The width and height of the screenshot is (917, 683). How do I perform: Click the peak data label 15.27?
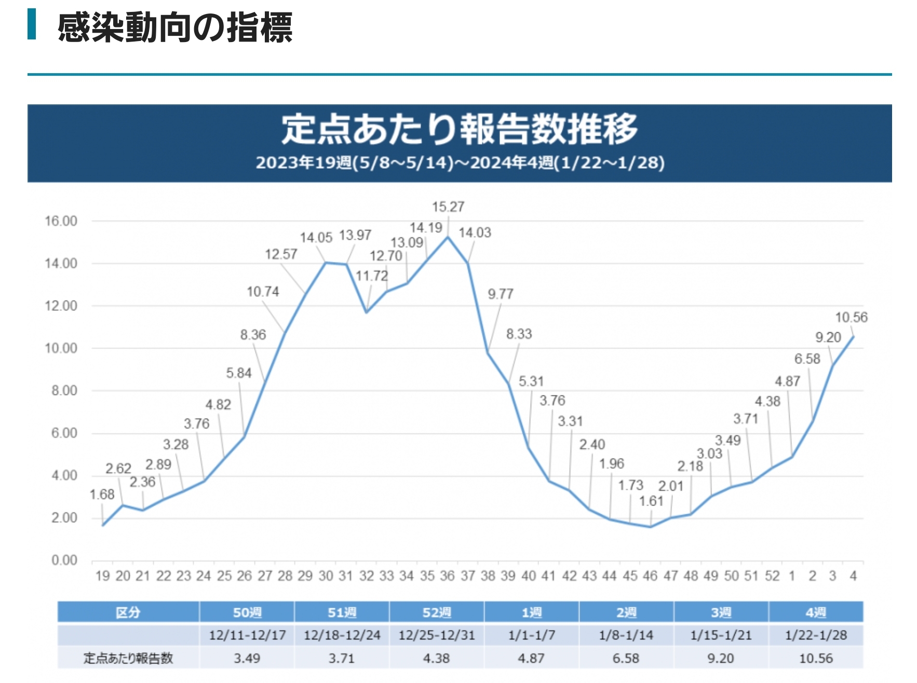448,207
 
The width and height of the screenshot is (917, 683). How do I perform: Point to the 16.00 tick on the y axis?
61,221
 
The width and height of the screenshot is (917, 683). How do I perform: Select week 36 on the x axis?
447,576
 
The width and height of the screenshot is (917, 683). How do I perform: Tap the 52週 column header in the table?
436,612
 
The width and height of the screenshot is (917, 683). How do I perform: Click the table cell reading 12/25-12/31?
436,635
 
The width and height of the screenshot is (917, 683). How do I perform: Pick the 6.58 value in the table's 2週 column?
626,658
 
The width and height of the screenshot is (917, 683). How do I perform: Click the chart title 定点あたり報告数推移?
459,129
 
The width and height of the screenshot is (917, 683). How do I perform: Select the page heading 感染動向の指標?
175,28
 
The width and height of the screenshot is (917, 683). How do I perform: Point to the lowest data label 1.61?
651,501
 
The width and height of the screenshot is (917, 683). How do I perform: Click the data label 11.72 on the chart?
371,276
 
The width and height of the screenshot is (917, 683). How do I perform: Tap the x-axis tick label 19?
102,576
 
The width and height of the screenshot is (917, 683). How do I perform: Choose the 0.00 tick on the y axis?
64,560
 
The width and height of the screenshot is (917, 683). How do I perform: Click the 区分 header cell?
128,612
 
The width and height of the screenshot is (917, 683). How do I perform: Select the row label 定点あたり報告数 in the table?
128,658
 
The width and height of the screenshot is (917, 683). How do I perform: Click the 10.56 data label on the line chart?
851,317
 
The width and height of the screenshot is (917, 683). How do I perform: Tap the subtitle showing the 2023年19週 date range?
460,162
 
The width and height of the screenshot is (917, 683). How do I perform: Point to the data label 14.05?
316,238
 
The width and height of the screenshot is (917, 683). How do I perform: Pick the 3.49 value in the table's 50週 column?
247,658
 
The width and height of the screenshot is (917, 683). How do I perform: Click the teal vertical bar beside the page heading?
32,24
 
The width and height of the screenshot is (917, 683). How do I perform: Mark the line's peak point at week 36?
448,237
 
